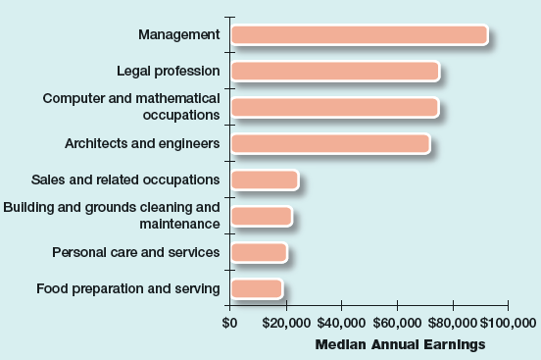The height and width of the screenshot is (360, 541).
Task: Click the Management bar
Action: pyautogui.click(x=359, y=35)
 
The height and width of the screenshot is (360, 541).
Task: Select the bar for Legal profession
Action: pyautogui.click(x=334, y=72)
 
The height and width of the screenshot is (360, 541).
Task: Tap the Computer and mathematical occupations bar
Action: pyautogui.click(x=334, y=107)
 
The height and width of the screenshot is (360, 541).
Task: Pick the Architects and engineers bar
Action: pyautogui.click(x=329, y=144)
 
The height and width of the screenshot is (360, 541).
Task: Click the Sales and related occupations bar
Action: pyautogui.click(x=264, y=180)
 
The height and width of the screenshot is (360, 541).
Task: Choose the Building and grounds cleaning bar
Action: pyautogui.click(x=261, y=216)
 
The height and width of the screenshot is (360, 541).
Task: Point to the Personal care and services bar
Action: pyautogui.click(x=259, y=252)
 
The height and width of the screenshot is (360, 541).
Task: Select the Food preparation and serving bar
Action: pyautogui.click(x=256, y=288)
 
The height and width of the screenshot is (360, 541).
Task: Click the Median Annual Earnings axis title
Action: pyautogui.click(x=400, y=344)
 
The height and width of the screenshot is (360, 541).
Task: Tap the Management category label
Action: pyautogui.click(x=178, y=35)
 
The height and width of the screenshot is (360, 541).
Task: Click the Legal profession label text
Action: pyautogui.click(x=168, y=71)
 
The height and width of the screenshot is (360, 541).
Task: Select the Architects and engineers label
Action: pyautogui.click(x=142, y=143)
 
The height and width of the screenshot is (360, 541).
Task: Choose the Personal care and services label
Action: pyautogui.click(x=136, y=252)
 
